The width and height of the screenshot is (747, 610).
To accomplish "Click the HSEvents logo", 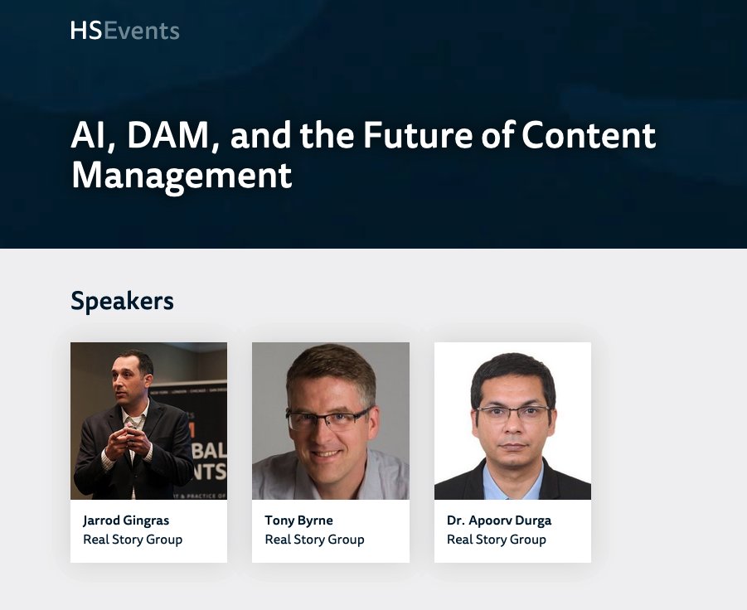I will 124,31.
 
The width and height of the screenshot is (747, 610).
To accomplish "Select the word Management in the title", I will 182,176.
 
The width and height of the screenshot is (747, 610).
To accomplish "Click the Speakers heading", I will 122,301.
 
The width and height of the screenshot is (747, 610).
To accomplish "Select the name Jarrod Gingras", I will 126,520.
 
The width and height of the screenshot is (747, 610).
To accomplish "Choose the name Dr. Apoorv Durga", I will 499,520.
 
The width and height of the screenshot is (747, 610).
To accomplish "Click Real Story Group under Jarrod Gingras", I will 133,540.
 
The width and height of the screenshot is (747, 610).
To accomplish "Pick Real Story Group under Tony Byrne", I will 314,540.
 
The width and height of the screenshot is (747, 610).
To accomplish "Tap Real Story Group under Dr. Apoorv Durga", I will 497,540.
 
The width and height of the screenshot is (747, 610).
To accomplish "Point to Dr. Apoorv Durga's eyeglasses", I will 513,412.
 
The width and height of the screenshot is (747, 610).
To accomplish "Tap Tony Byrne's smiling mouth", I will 326,453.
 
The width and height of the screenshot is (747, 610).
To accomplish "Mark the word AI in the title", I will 89,136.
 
